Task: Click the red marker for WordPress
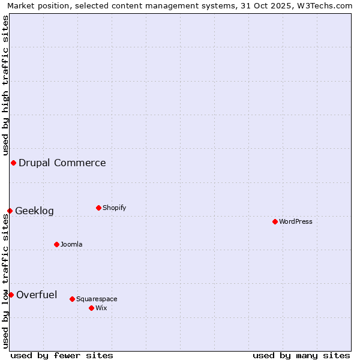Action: click(x=275, y=221)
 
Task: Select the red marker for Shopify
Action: click(x=98, y=208)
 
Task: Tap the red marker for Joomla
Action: click(x=56, y=244)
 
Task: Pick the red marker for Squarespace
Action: click(x=72, y=299)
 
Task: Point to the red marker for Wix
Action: click(x=91, y=308)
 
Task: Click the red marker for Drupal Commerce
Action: click(x=13, y=163)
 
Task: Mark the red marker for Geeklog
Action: click(x=10, y=211)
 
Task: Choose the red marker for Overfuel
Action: click(x=11, y=295)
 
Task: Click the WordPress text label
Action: click(x=296, y=221)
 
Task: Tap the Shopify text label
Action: click(x=115, y=208)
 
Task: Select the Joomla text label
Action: click(x=71, y=244)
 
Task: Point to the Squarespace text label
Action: click(x=97, y=299)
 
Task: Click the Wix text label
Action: click(x=101, y=308)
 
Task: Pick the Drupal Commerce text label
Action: click(x=62, y=163)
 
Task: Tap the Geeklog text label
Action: click(x=34, y=211)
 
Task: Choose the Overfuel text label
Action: click(x=37, y=295)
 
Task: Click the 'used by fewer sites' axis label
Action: click(x=62, y=355)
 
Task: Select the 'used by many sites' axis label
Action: click(x=301, y=355)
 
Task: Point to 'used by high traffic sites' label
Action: click(x=5, y=84)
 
